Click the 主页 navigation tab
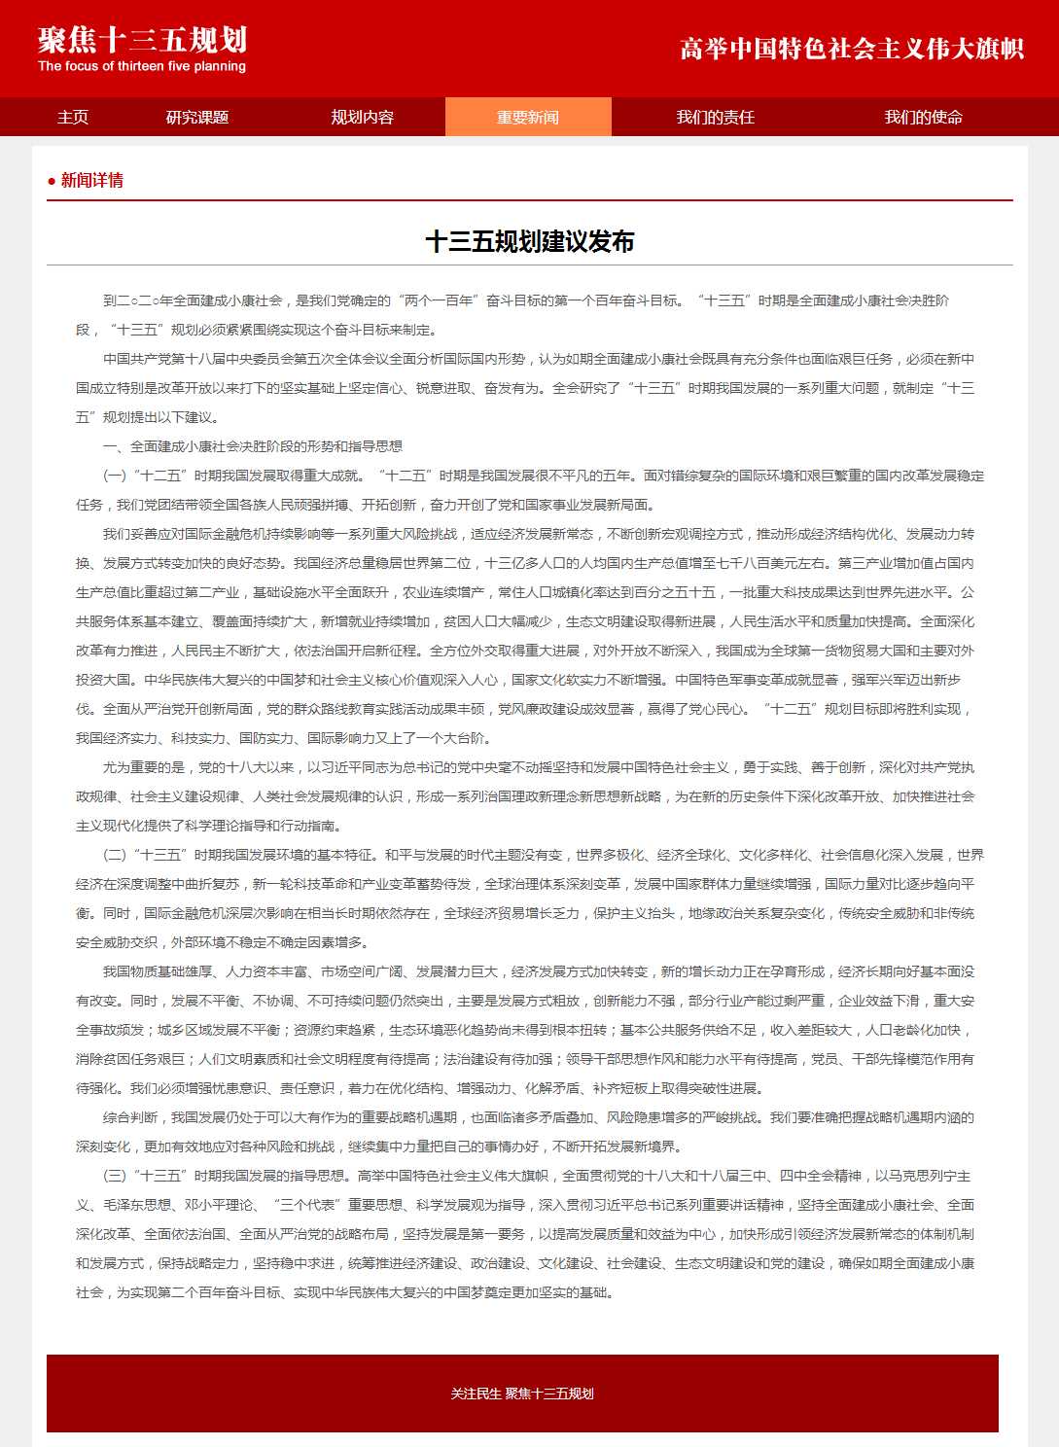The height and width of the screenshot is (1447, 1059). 73,118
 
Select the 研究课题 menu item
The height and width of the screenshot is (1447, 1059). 197,118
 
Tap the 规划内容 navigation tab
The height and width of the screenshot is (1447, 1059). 362,118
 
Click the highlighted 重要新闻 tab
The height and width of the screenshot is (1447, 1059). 528,118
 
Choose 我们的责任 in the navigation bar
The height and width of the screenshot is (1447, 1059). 716,118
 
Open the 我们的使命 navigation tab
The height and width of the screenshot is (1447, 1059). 923,118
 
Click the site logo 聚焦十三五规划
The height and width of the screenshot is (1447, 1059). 142,40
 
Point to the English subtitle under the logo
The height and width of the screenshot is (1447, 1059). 142,67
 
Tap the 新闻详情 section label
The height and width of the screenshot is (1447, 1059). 92,180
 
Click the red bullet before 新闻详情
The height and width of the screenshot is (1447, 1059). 52,181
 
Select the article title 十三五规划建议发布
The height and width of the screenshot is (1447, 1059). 530,241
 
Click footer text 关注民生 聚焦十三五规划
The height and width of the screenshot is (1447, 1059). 522,1394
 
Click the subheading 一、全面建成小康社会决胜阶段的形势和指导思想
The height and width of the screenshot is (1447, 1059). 253,446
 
